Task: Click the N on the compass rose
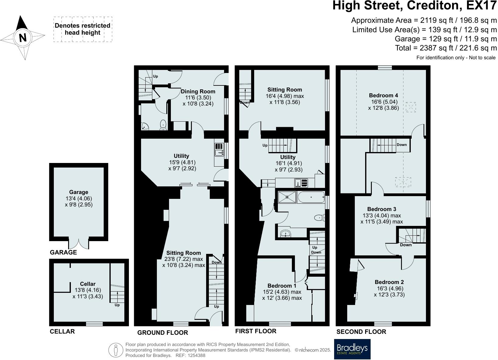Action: click(22, 38)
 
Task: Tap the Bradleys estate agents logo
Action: click(352, 349)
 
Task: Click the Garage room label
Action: click(78, 192)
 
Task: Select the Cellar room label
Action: click(88, 284)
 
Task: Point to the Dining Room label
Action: click(198, 92)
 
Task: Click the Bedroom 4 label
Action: click(383, 95)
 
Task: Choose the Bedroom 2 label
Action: click(389, 282)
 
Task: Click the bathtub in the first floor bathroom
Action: click(311, 197)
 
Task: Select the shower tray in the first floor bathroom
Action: click(287, 197)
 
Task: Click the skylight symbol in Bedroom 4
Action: click(411, 107)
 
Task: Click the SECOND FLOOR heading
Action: click(361, 332)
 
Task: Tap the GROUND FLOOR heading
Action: click(162, 333)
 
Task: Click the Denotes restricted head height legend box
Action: click(83, 29)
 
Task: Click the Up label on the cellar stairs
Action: click(117, 305)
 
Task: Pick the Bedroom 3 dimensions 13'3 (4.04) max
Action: click(382, 215)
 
